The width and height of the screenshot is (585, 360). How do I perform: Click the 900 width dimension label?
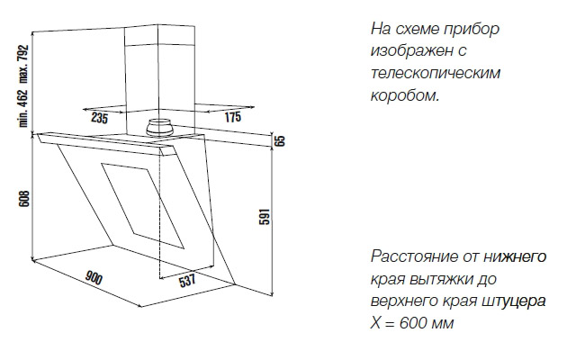pos(94,278)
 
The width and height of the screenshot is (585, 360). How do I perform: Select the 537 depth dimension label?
pos(187,280)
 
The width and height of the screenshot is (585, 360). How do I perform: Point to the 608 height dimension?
pos(23,198)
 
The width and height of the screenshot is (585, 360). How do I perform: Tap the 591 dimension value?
pos(264,216)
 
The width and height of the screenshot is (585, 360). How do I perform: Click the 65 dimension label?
pos(281,140)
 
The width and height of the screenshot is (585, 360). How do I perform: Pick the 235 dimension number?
pos(99,118)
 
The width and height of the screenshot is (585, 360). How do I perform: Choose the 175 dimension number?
pos(233,117)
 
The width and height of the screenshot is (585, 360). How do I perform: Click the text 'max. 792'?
pos(23,64)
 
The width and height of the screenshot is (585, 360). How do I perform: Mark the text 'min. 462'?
pos(23,108)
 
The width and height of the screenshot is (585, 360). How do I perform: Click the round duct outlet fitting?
pos(160,129)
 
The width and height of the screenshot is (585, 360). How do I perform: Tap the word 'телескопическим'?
pos(436,73)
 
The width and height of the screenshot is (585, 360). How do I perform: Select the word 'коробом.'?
pos(405,95)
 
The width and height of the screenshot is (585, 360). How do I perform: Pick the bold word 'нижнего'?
pos(515,257)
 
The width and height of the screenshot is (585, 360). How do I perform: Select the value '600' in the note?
pos(412,323)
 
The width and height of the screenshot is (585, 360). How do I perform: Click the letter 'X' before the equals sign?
pos(375,323)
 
